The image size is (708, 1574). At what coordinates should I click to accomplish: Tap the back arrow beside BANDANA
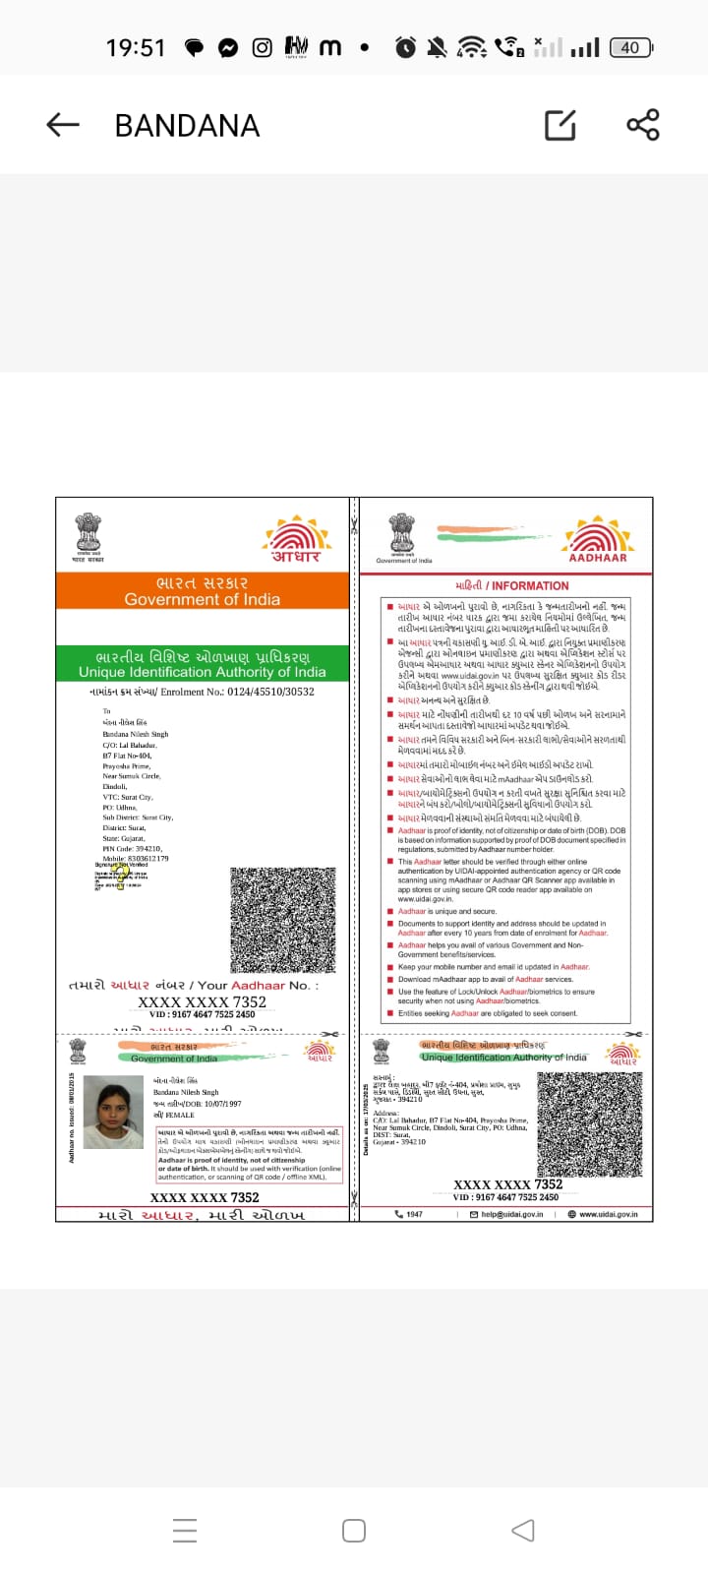[x=63, y=125]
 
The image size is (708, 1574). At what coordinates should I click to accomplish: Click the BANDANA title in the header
[x=187, y=126]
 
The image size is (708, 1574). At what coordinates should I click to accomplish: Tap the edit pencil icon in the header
[x=560, y=125]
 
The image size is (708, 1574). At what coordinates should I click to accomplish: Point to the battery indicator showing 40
[x=630, y=47]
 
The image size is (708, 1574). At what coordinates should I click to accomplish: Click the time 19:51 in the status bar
[x=136, y=47]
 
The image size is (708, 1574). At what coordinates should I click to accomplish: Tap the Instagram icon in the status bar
[x=263, y=47]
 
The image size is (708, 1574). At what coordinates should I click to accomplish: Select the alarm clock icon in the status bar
[x=405, y=47]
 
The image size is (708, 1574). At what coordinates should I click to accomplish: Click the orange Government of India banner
[x=203, y=590]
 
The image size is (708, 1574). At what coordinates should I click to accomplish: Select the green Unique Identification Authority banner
[x=203, y=663]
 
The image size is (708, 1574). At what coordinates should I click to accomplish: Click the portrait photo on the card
[x=114, y=1112]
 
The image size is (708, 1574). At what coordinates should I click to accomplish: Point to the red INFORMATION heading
[x=511, y=585]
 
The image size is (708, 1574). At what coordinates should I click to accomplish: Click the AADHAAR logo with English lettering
[x=598, y=538]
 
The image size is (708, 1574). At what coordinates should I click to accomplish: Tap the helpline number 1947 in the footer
[x=410, y=1214]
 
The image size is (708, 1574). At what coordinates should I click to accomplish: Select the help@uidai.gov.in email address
[x=506, y=1214]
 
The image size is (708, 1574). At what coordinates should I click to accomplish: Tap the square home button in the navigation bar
[x=354, y=1530]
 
